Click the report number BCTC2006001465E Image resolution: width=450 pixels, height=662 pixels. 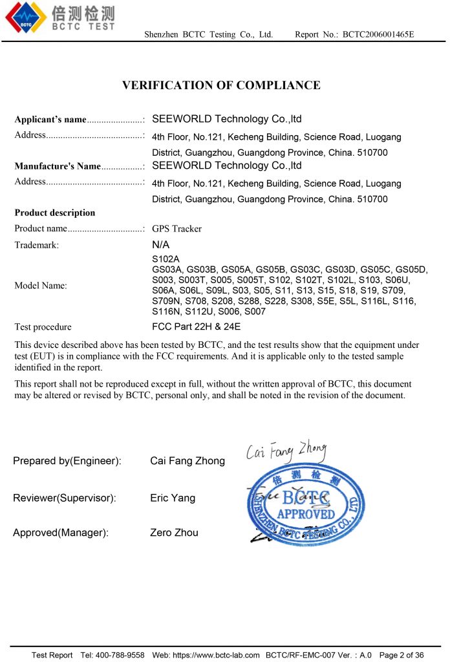pyautogui.click(x=378, y=34)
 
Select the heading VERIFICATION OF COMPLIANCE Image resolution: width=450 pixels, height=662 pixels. pyautogui.click(x=221, y=85)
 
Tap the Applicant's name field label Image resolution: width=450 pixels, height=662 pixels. pyautogui.click(x=50, y=120)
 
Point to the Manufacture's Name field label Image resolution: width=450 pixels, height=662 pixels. pyautogui.click(x=58, y=166)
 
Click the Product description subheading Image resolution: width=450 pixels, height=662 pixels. pyautogui.click(x=55, y=213)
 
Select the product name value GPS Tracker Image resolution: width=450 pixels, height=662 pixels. pyautogui.click(x=177, y=229)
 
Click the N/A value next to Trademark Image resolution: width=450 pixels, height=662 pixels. pyautogui.click(x=160, y=245)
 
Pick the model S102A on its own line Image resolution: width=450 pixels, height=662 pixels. pyautogui.click(x=166, y=259)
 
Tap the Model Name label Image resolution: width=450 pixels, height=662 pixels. pyautogui.click(x=41, y=286)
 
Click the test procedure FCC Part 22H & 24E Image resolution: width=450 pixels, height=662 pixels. pyautogui.click(x=196, y=327)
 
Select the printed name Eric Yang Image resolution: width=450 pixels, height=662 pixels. pyautogui.click(x=173, y=498)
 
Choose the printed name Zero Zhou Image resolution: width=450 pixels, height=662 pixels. pyautogui.click(x=175, y=533)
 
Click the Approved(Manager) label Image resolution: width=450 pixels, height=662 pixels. pyautogui.click(x=61, y=533)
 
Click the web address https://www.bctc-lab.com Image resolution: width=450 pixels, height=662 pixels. pyautogui.click(x=215, y=655)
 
